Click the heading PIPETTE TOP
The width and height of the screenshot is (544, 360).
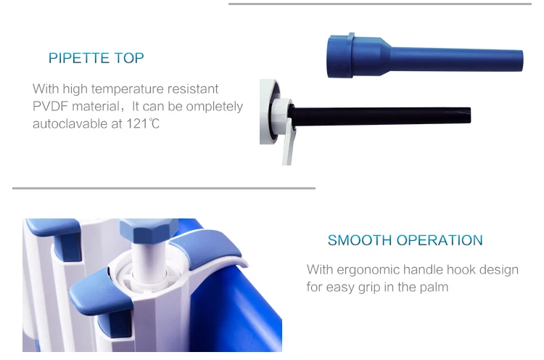[x=96, y=58]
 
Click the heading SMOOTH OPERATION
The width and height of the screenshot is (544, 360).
[x=405, y=240]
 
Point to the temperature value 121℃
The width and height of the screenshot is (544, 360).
[x=142, y=124]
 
